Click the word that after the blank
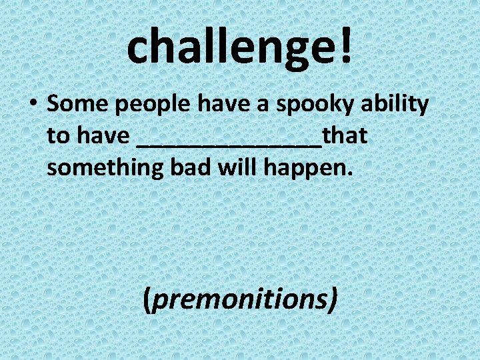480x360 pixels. coord(345,136)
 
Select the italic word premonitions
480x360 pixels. coord(239,299)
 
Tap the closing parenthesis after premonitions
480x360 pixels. coord(331,300)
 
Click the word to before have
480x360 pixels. coord(58,137)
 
